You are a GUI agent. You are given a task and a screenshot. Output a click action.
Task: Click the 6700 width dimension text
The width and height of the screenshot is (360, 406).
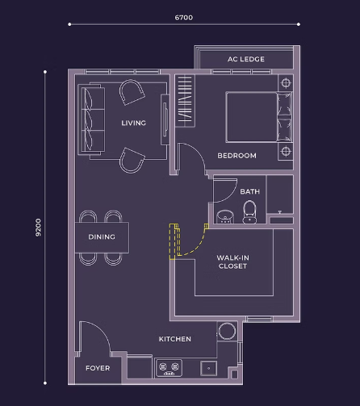coord(184,18)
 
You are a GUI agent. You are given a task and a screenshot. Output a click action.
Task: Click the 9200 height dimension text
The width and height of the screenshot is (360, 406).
coord(39,228)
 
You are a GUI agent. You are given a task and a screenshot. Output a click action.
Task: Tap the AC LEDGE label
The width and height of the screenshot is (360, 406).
coord(246,59)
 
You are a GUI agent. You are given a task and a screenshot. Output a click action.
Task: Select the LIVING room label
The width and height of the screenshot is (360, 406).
coord(133,123)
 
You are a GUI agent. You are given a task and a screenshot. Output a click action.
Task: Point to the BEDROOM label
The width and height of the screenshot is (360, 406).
coord(237,156)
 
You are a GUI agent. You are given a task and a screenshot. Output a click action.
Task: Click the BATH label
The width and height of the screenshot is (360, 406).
coord(249,191)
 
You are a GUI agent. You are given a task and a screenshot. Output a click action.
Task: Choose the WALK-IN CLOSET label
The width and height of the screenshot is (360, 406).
coord(232,262)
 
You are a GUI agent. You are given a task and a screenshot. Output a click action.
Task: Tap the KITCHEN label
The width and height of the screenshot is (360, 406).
coord(175,339)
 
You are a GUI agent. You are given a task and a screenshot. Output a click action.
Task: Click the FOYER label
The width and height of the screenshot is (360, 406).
coord(98,368)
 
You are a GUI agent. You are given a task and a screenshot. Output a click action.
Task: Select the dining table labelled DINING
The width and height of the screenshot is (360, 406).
coord(102,237)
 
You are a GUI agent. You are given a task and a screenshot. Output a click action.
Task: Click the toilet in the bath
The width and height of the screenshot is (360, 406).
coord(249,212)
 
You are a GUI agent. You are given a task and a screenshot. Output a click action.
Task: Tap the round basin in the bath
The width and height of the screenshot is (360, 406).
coord(225,217)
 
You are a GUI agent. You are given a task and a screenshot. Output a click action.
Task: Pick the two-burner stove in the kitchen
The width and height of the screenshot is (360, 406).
coord(169,368)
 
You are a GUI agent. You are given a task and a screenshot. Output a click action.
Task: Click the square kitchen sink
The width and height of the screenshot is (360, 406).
coord(208,368)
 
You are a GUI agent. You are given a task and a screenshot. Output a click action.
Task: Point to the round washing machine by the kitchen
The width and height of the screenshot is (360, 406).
coord(227,331)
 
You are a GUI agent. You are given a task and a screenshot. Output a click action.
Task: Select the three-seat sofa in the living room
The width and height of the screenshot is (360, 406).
coord(91,119)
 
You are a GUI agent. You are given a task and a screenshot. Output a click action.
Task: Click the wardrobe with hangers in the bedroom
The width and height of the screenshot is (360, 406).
coord(185,101)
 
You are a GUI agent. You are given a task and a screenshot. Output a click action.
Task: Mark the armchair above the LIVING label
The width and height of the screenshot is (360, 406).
coord(132,92)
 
